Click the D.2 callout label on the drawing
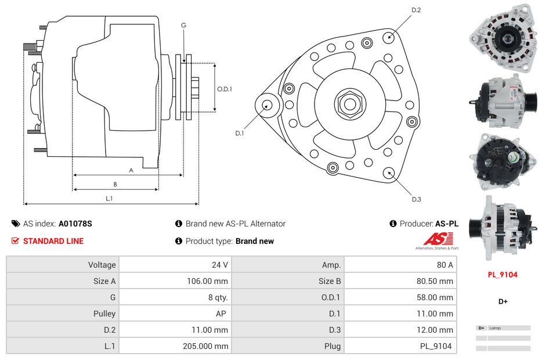point(416,10)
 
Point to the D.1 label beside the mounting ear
point(239,134)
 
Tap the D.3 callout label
point(416,199)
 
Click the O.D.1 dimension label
point(225,89)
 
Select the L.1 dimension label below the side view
point(109,199)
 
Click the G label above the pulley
point(183,25)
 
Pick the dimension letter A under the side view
point(131,170)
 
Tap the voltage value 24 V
point(220,265)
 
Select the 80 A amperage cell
point(445,265)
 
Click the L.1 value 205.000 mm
point(205,346)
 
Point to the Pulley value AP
point(222,314)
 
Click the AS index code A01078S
point(75,224)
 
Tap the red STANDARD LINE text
point(53,241)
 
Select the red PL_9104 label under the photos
point(503,275)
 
